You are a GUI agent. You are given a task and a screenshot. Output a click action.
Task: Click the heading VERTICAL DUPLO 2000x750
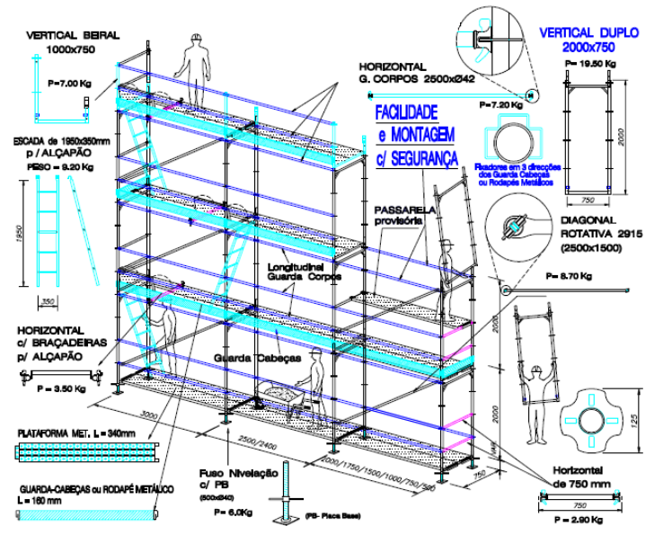coord(588,40)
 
